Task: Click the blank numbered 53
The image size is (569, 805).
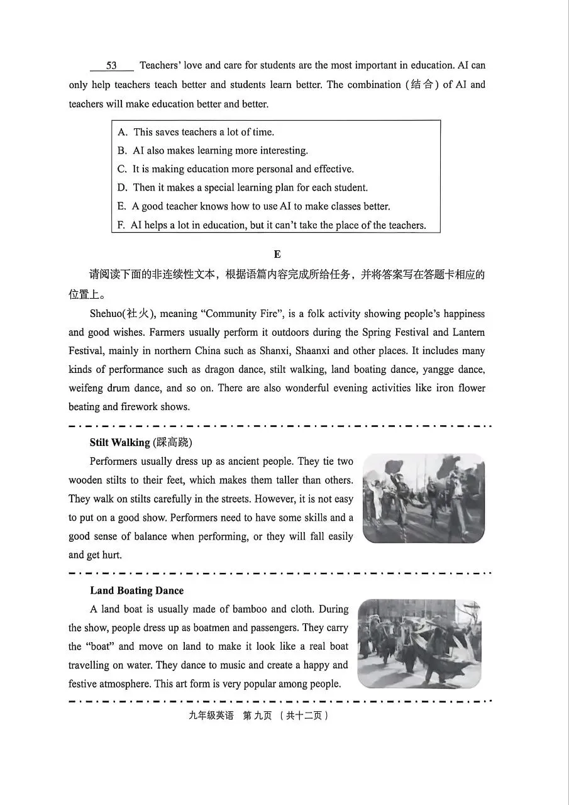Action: [111, 66]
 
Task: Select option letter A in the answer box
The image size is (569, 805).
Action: [123, 132]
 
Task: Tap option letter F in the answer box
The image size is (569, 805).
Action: [121, 225]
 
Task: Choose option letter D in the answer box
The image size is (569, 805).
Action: [123, 187]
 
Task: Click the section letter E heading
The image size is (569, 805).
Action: [277, 254]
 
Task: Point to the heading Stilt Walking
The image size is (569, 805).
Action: [120, 443]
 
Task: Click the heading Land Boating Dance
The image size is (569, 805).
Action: [137, 591]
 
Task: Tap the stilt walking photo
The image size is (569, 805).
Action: [424, 498]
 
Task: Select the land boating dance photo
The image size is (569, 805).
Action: [419, 643]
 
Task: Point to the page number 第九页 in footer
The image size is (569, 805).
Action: [253, 716]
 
